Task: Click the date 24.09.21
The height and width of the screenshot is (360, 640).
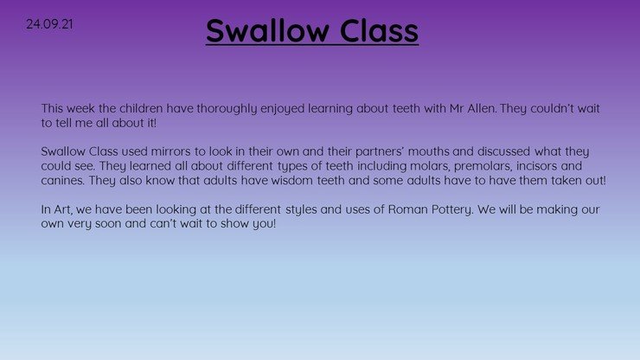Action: click(49, 24)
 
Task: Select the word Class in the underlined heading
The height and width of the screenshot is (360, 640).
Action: click(379, 30)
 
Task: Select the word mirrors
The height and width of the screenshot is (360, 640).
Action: click(170, 151)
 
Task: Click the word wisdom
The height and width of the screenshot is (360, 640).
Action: click(291, 180)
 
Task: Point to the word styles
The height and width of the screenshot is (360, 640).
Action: click(301, 210)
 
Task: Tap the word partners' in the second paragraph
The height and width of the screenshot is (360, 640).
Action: click(380, 152)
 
